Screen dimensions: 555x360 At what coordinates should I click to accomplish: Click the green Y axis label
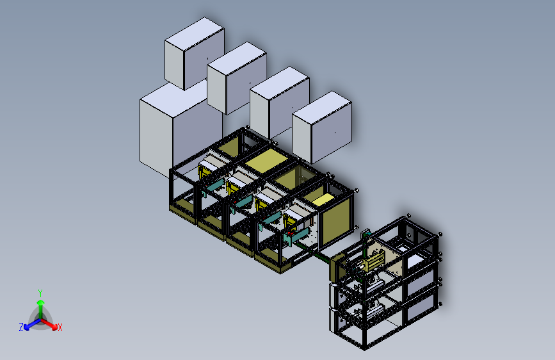pos(40,293)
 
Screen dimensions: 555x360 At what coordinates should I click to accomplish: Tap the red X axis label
pos(60,327)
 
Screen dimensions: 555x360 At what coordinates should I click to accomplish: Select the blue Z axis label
pos(21,327)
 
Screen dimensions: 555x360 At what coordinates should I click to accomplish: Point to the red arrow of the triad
pos(49,324)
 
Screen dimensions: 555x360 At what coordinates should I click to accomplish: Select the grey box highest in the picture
pos(195,54)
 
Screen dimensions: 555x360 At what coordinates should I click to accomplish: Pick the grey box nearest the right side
pos(322,127)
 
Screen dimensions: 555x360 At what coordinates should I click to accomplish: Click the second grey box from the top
pos(236,78)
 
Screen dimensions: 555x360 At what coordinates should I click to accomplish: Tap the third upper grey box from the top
pos(280,102)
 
